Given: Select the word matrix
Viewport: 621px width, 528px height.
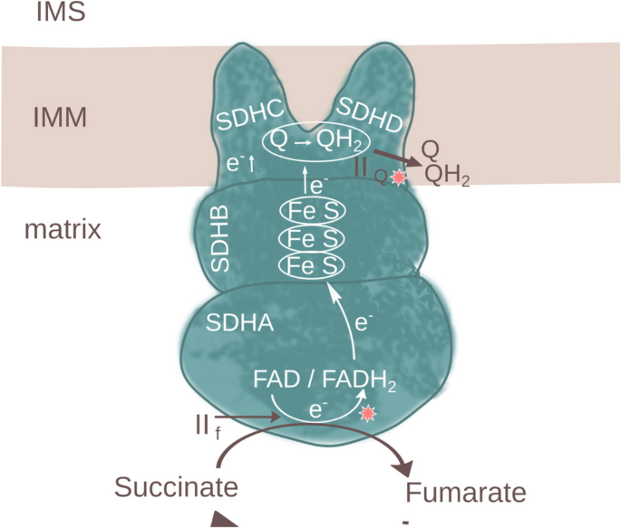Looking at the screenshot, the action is [x=62, y=228].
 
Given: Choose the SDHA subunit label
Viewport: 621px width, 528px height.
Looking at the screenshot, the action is [x=237, y=322].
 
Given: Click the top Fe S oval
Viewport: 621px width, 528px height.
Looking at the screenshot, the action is [x=312, y=211].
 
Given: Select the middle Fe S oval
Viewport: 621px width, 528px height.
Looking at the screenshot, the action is [x=312, y=238].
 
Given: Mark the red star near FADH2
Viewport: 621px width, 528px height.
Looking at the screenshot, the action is [x=367, y=414].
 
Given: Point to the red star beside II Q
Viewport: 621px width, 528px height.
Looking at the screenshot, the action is [x=396, y=178].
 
